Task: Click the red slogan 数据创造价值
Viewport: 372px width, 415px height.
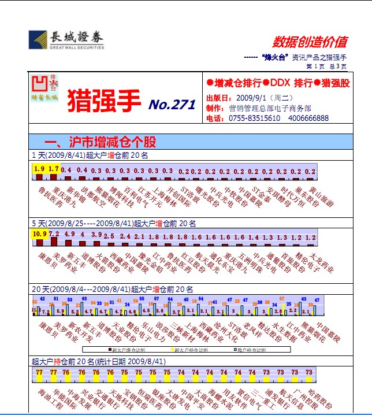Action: pos(310,42)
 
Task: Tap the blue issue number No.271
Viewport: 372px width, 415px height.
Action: pos(172,105)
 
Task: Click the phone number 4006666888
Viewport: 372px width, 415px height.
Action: pos(309,118)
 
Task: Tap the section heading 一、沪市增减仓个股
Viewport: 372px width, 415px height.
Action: pos(101,142)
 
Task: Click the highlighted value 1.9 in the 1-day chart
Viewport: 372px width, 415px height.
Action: pos(39,169)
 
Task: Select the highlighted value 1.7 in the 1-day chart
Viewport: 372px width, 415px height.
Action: pos(54,169)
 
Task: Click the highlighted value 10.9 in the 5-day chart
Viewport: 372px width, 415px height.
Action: pos(39,234)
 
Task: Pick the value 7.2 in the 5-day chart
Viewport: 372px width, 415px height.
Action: pos(54,234)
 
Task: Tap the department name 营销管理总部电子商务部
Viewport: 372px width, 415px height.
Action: pos(270,108)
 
